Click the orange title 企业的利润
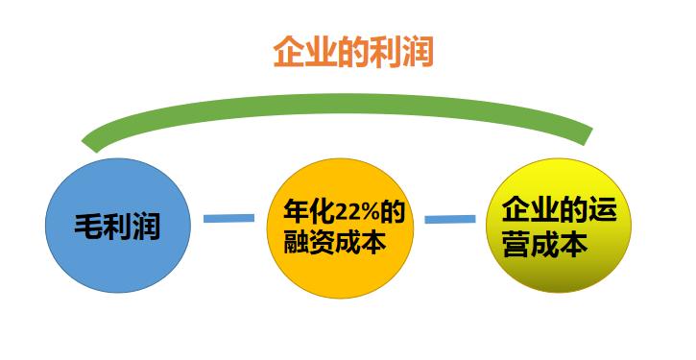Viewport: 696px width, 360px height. click(x=353, y=51)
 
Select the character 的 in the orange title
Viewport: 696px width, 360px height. click(x=353, y=51)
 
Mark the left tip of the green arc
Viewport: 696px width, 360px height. click(x=89, y=144)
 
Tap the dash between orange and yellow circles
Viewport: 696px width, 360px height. click(x=449, y=220)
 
